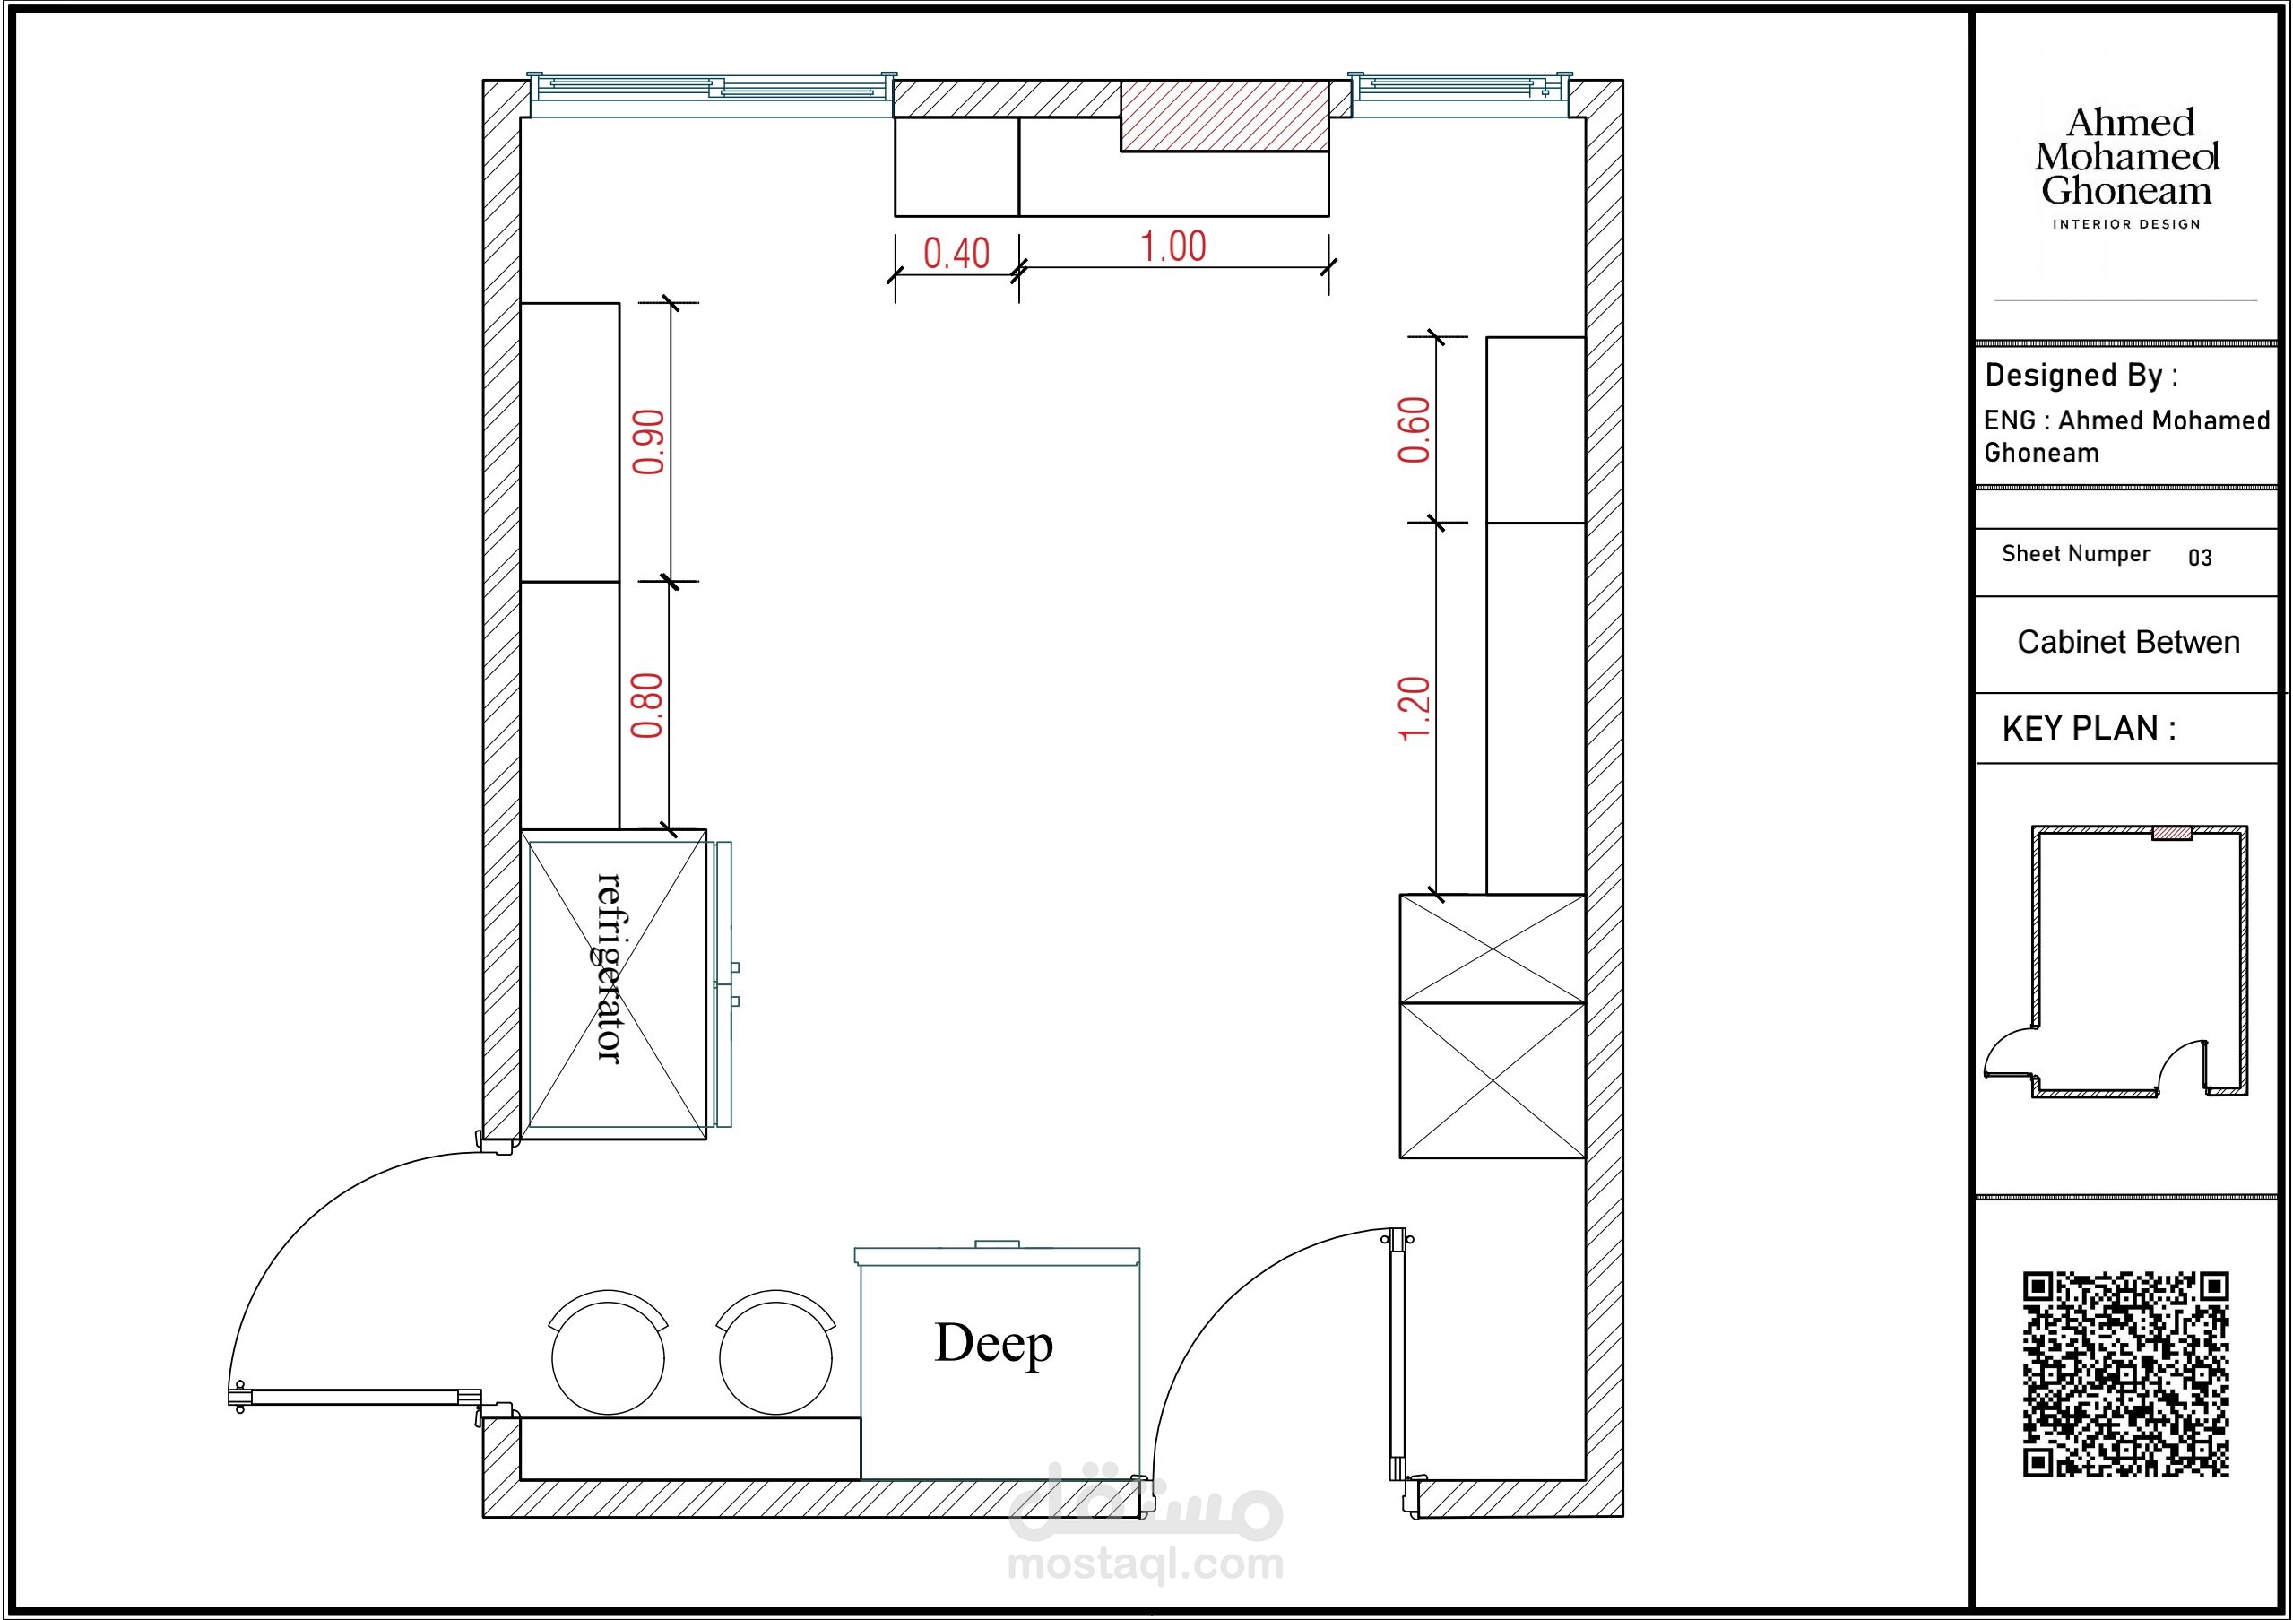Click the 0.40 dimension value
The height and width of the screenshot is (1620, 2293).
click(x=956, y=254)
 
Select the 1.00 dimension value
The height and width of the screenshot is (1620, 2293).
click(x=1173, y=247)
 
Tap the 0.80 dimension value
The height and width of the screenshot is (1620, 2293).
click(x=647, y=706)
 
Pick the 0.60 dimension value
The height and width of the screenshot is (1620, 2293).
click(x=1415, y=430)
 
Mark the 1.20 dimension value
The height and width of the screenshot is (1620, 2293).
click(x=1415, y=709)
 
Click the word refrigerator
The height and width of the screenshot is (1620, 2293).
click(x=610, y=968)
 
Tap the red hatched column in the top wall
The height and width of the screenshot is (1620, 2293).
click(x=1224, y=116)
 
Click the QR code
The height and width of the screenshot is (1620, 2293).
click(x=2126, y=1373)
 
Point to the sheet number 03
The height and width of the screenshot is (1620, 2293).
click(x=2200, y=559)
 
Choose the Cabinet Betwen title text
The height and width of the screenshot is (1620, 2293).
click(x=2128, y=642)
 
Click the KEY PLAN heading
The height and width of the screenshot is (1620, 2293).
click(x=2090, y=729)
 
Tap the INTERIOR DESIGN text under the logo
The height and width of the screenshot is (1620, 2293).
click(x=2126, y=225)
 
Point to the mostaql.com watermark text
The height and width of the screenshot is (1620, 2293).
click(x=1146, y=1563)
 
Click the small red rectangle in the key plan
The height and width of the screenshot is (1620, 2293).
click(x=2172, y=833)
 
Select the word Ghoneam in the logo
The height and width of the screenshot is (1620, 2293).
click(x=2126, y=190)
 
